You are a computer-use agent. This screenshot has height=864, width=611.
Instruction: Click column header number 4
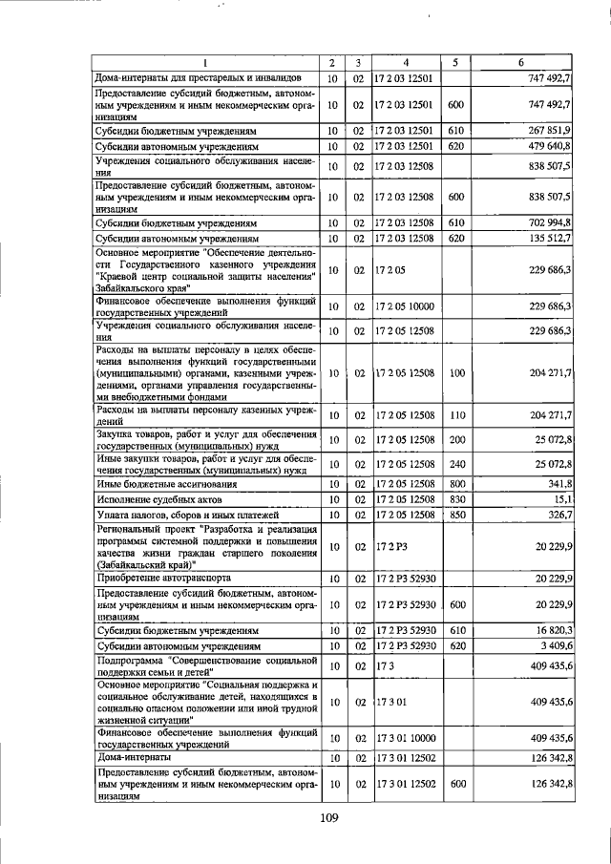(406, 63)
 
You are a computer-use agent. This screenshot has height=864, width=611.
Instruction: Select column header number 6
(521, 63)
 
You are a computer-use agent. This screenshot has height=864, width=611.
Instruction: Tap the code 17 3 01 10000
(409, 737)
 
